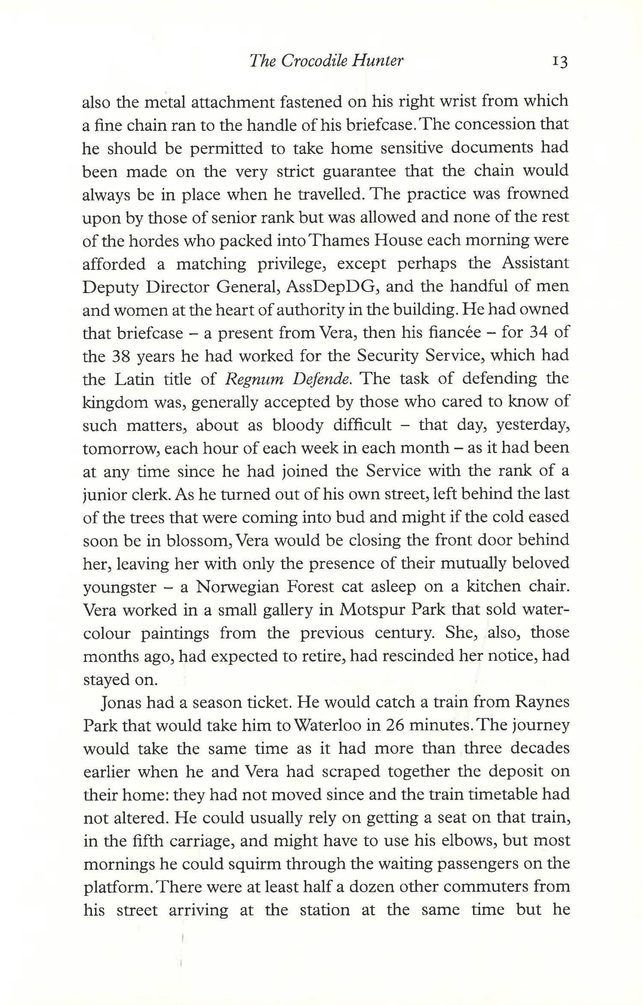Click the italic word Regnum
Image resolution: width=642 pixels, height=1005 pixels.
tap(254, 379)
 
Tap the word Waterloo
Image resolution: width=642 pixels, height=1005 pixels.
tap(335, 726)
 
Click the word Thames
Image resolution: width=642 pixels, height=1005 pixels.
tap(339, 240)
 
